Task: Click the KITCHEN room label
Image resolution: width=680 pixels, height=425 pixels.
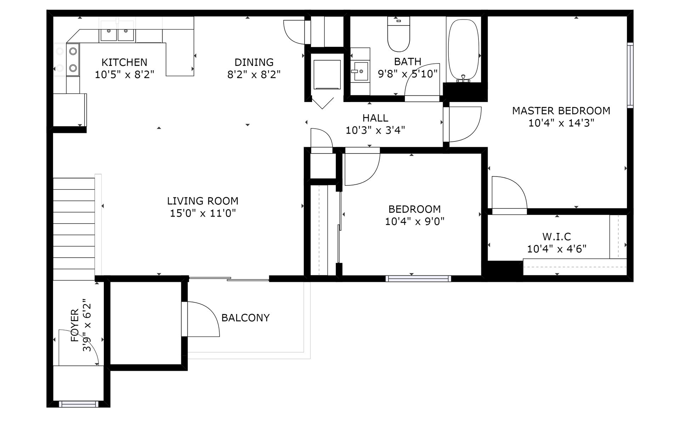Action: tap(124, 62)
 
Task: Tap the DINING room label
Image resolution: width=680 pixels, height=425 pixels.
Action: tap(254, 62)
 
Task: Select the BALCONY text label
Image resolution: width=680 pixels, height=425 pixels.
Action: tap(245, 318)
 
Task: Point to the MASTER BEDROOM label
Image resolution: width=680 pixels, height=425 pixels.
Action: tap(561, 111)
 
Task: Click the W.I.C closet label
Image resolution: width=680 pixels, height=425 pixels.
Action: tap(556, 236)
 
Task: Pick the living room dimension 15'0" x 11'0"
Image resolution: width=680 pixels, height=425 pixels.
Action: tap(203, 213)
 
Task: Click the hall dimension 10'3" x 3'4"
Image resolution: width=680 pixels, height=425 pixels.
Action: tap(375, 130)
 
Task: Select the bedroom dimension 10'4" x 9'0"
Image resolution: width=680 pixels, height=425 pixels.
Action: tap(414, 221)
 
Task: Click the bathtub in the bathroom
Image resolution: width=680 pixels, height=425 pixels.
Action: tap(463, 50)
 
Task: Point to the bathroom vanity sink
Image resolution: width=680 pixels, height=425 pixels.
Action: tap(360, 71)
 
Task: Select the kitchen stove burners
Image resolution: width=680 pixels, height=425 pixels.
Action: tap(73, 60)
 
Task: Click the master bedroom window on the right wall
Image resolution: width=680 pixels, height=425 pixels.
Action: tap(630, 75)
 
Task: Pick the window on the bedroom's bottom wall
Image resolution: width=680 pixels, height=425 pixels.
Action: tap(418, 279)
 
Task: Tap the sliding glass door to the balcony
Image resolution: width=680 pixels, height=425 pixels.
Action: tap(229, 279)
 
